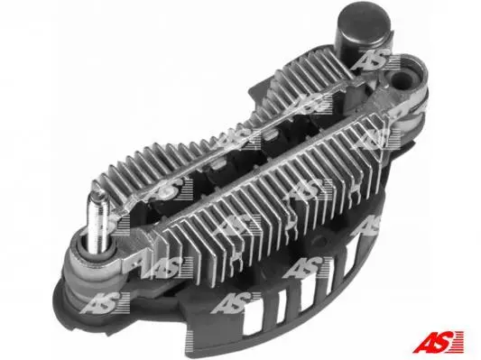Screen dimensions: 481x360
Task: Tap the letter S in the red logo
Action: (444, 341)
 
